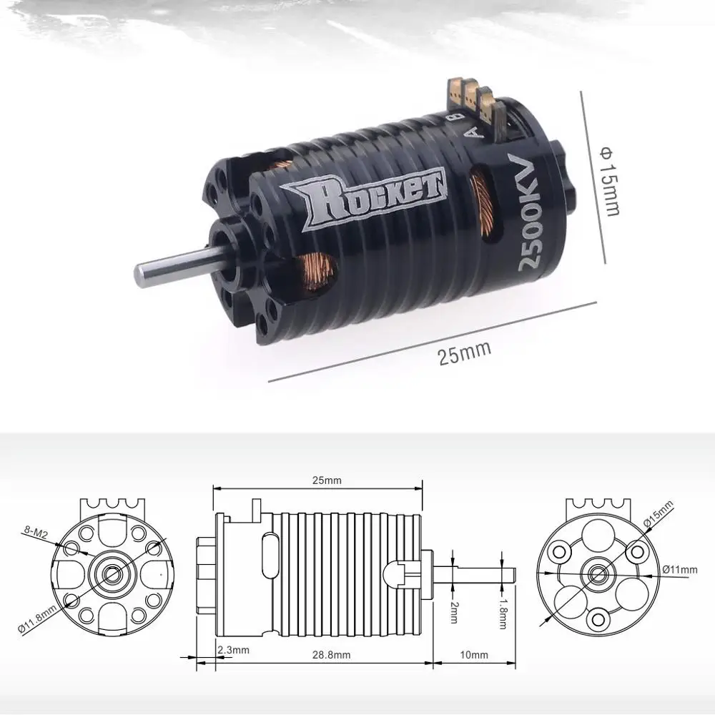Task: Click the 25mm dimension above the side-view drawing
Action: click(327, 480)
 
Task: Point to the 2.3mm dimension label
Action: click(233, 650)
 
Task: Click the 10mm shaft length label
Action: click(474, 655)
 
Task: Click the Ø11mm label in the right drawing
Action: click(679, 569)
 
